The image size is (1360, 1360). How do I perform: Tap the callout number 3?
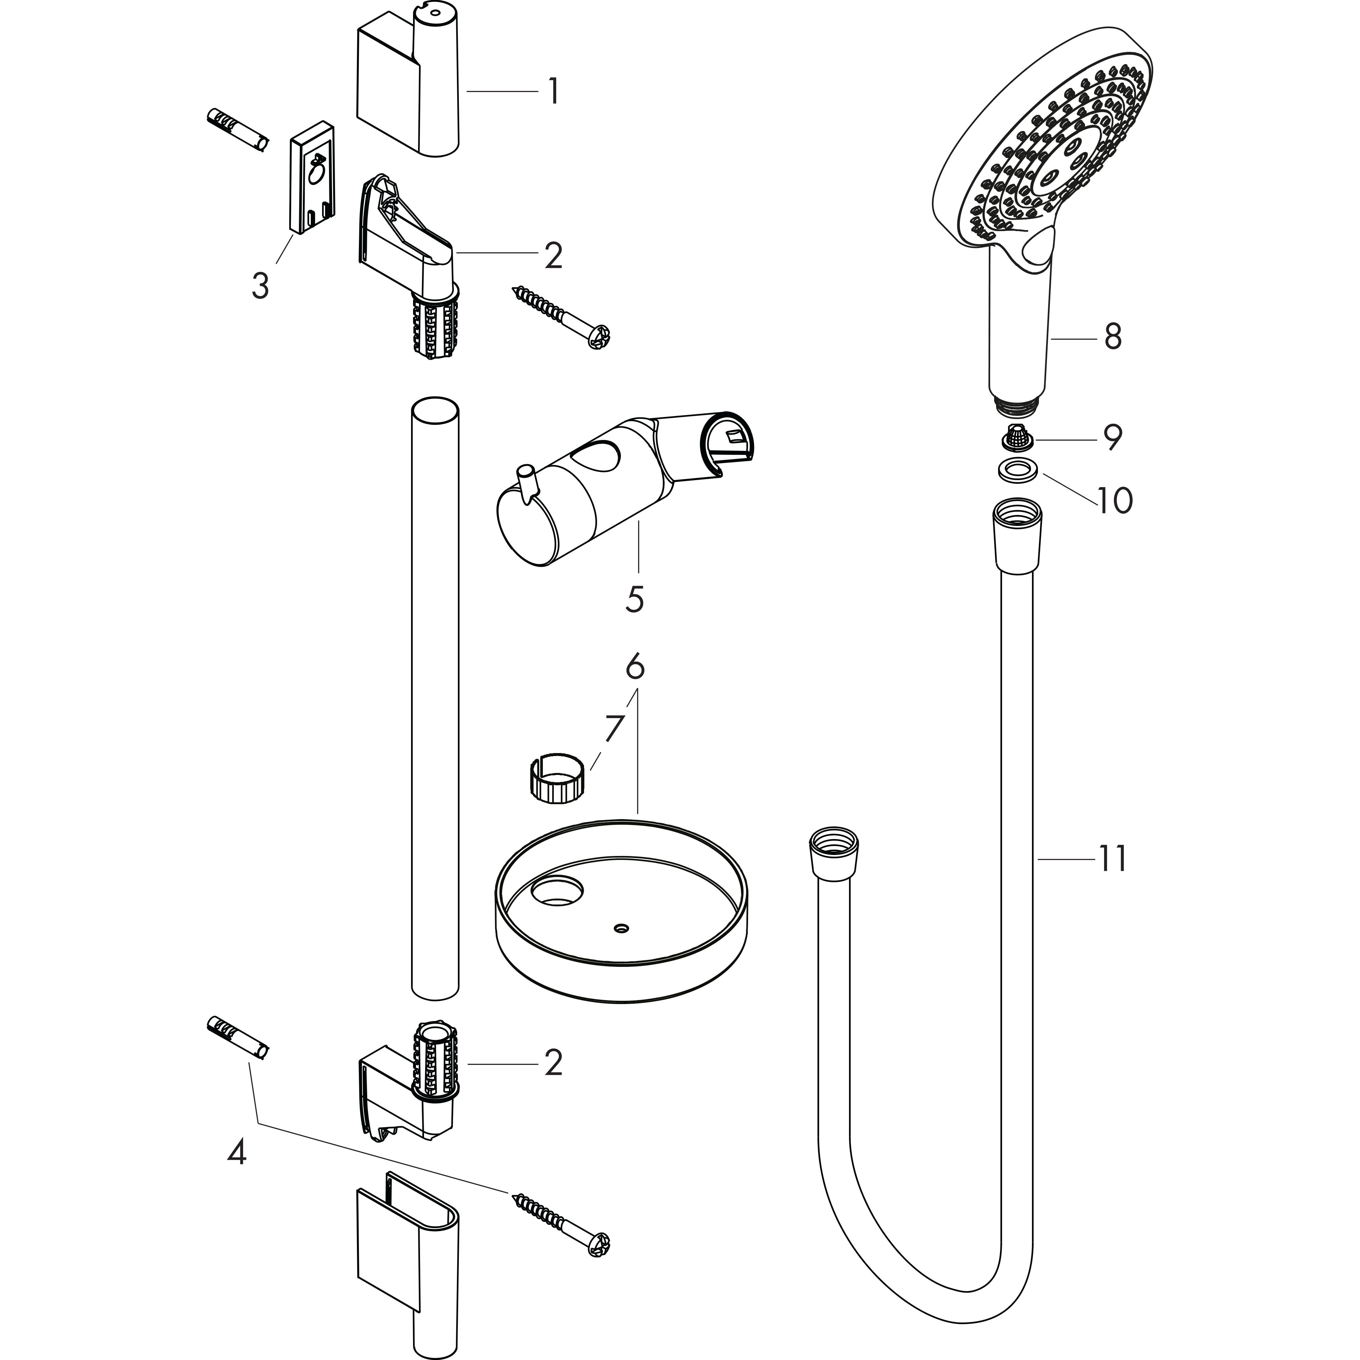pyautogui.click(x=260, y=287)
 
